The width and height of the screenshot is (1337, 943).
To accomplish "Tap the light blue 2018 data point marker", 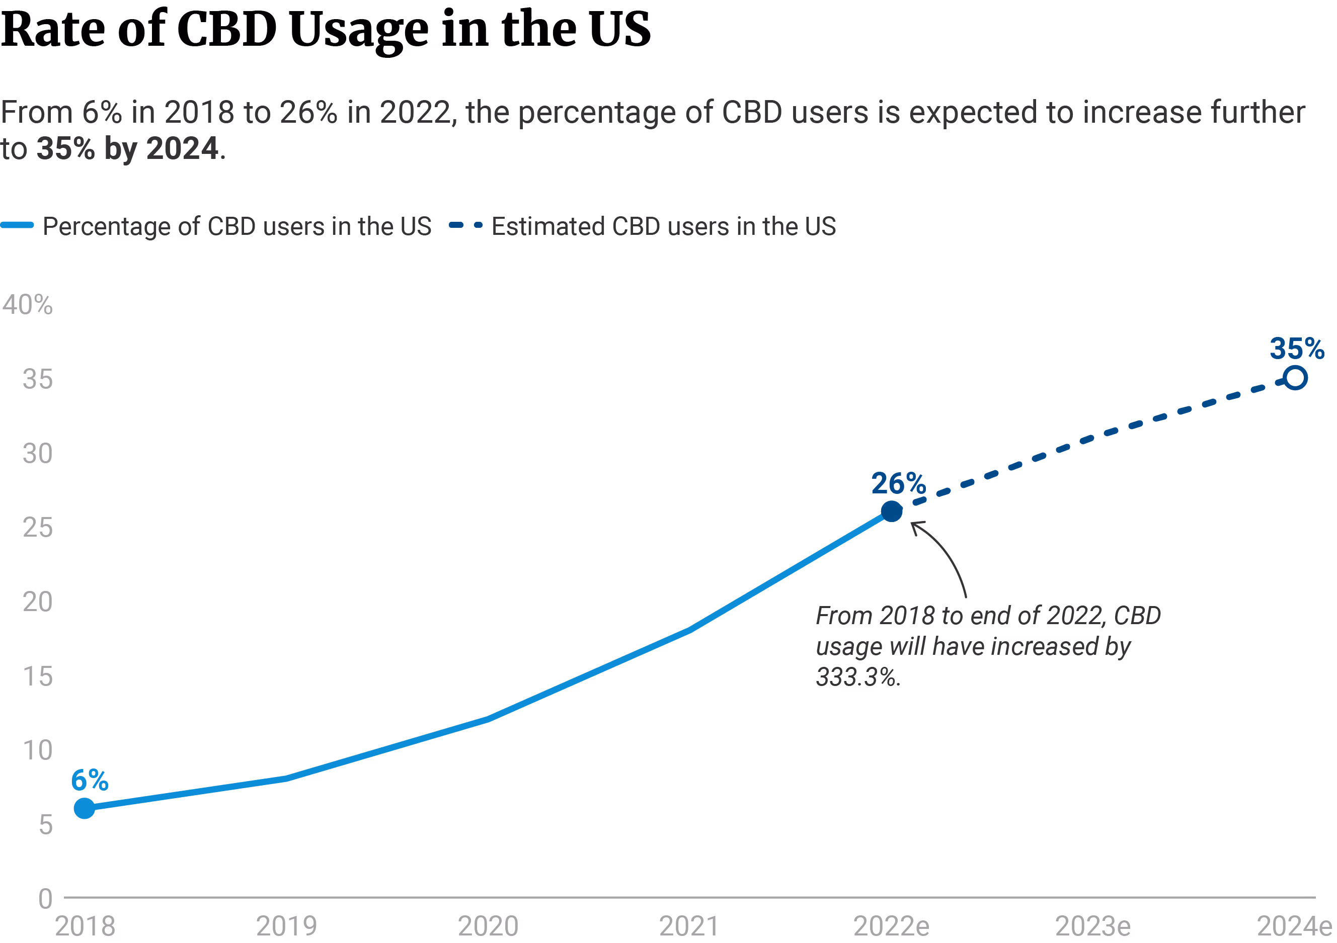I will [85, 808].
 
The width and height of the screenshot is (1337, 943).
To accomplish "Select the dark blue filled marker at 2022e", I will [892, 511].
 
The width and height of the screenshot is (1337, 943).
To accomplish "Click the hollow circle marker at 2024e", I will [1295, 378].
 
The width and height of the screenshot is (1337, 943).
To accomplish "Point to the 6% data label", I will [90, 780].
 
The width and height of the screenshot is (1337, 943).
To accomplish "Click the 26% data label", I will [898, 483].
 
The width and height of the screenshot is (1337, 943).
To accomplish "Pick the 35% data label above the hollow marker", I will [1297, 348].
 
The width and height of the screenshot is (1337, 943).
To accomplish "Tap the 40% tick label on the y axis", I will [27, 304].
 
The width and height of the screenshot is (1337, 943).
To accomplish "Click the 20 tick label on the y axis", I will [37, 602].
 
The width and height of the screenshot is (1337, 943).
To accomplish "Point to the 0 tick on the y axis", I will [45, 899].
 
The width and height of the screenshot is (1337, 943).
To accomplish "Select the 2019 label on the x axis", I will [286, 926].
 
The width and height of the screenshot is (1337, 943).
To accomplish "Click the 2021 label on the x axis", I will [689, 926].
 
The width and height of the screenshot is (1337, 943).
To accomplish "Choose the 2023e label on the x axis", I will [1093, 926].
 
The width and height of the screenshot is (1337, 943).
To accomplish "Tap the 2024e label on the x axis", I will [1294, 926].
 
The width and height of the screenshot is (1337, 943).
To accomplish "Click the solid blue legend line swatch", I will [18, 225].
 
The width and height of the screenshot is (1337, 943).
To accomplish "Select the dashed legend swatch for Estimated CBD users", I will [465, 225].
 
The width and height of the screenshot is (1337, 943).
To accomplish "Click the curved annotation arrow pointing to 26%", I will [946, 553].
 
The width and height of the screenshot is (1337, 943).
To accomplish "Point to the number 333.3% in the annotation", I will [858, 677].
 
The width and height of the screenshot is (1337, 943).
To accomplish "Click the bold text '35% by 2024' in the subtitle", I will [127, 148].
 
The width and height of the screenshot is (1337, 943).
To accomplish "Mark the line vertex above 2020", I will [488, 719].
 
